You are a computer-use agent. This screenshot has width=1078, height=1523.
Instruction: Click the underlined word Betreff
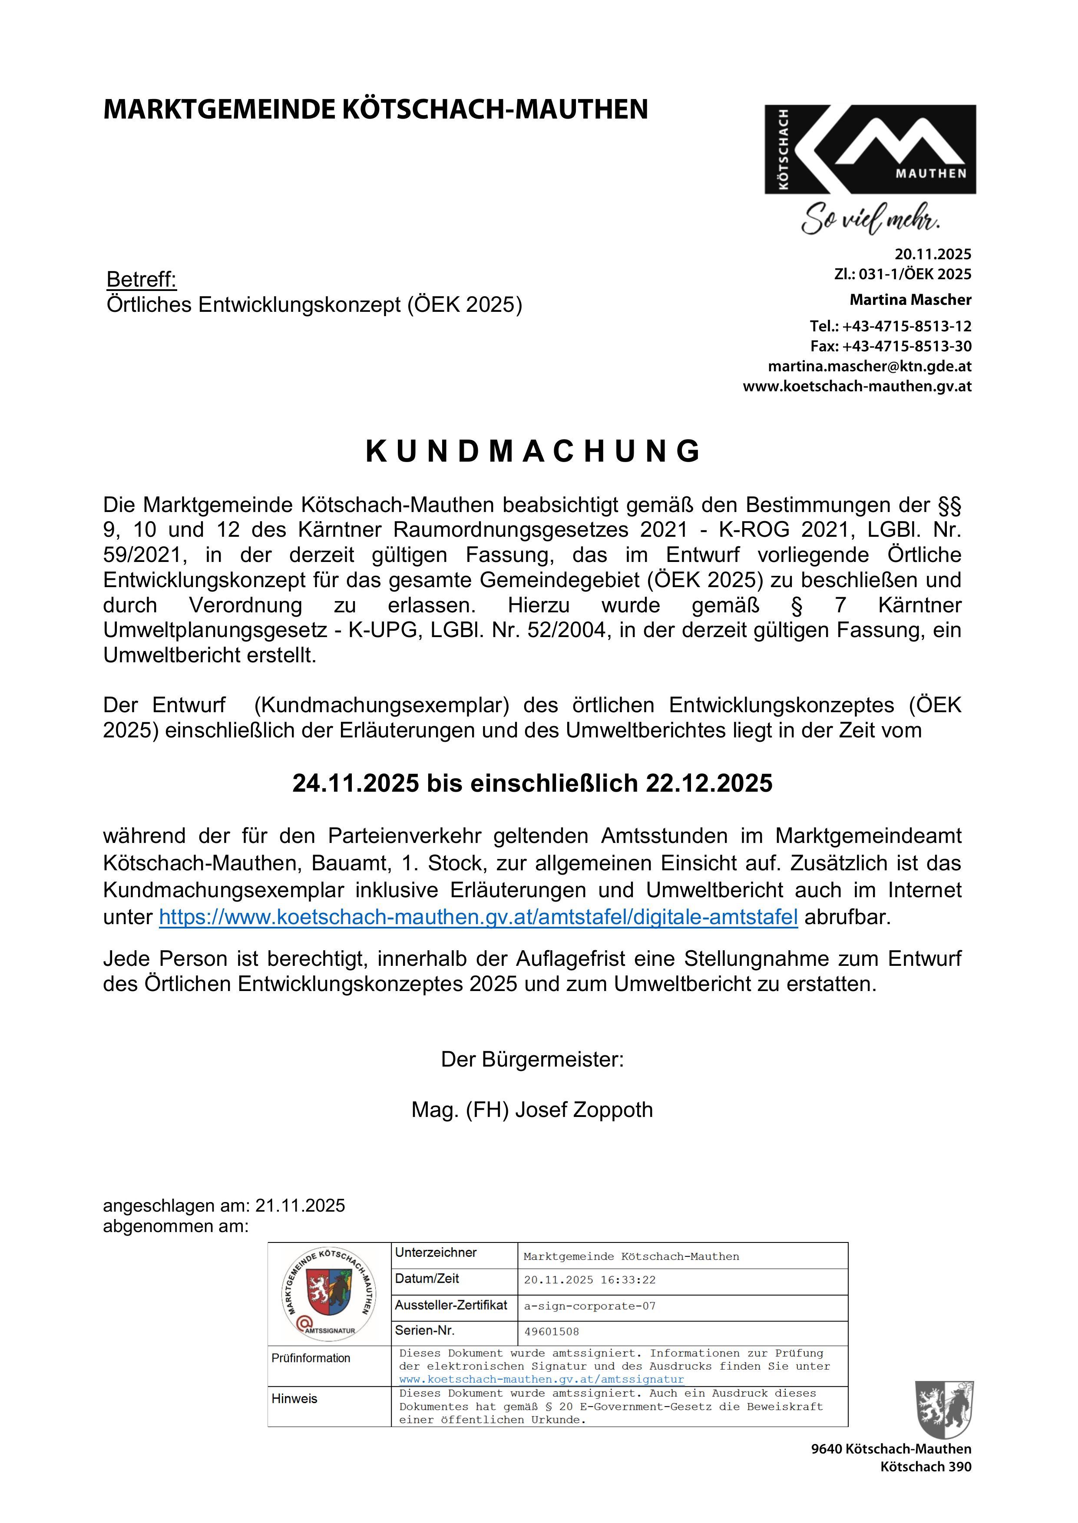(x=142, y=279)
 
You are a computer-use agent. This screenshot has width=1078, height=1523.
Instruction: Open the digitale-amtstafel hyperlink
(x=478, y=917)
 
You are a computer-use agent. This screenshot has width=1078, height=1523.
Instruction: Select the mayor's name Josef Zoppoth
(x=584, y=1110)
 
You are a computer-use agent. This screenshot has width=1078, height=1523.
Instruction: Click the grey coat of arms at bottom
(x=944, y=1410)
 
